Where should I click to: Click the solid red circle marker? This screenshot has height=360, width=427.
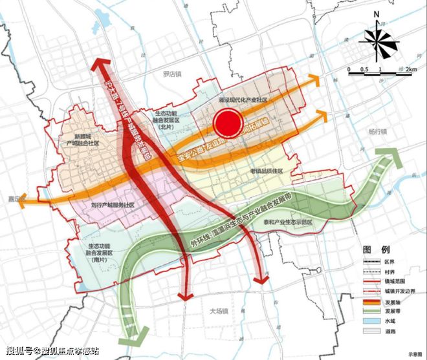[228, 121]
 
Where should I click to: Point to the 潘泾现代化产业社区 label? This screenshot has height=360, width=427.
[243, 100]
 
